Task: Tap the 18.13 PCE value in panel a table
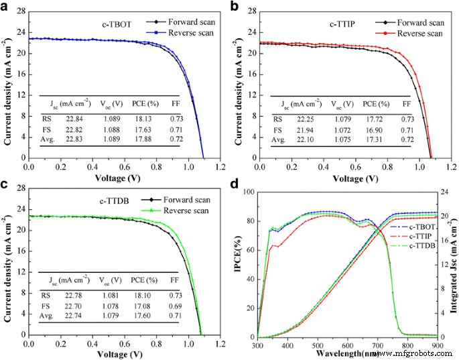(x=148, y=117)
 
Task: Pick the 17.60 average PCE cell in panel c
(x=147, y=315)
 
